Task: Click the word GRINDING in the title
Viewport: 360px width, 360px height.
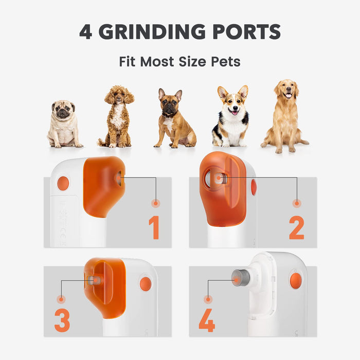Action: coord(152,31)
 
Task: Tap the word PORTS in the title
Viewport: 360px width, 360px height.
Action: coord(246,31)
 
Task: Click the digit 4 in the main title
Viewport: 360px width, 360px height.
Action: coord(86,32)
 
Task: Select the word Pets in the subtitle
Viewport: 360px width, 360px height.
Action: coord(226,62)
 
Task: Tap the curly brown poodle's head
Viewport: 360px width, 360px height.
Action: coord(119,94)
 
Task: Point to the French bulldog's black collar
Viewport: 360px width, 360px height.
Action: coord(169,114)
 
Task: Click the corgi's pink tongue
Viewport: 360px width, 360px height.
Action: coord(234,113)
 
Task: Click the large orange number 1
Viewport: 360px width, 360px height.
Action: coord(154,227)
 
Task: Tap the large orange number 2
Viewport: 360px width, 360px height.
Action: coord(296,227)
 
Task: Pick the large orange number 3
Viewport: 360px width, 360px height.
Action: coord(62,320)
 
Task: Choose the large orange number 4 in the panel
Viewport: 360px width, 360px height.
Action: coord(207,320)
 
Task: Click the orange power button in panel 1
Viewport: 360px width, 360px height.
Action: coord(63,183)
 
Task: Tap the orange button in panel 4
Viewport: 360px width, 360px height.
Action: coord(296,281)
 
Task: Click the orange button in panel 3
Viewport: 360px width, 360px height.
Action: coord(146,284)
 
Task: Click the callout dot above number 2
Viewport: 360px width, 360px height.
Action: coord(297,204)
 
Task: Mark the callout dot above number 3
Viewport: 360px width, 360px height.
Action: coord(61,299)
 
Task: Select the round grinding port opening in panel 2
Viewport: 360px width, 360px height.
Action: coord(216,178)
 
